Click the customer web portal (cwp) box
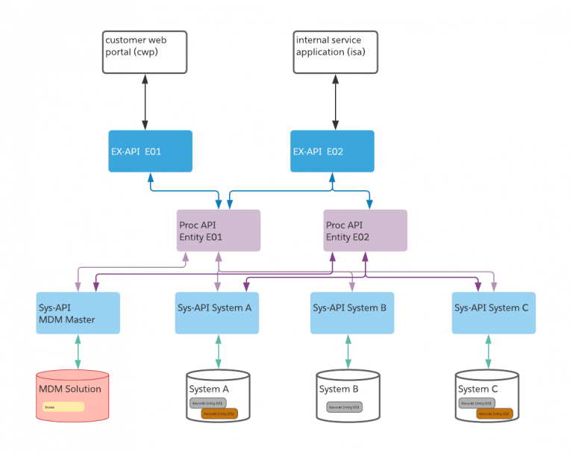coord(144,52)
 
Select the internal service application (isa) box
coord(335,52)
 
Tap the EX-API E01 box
coord(150,151)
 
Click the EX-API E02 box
coord(332,151)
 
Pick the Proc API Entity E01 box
coord(218,231)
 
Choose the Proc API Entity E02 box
coord(365,231)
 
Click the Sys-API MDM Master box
coord(78,313)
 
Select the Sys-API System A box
coord(217,313)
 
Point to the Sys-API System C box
coord(494,313)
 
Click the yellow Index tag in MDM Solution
coord(63,407)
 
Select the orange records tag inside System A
coord(219,413)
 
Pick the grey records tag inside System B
coord(344,407)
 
